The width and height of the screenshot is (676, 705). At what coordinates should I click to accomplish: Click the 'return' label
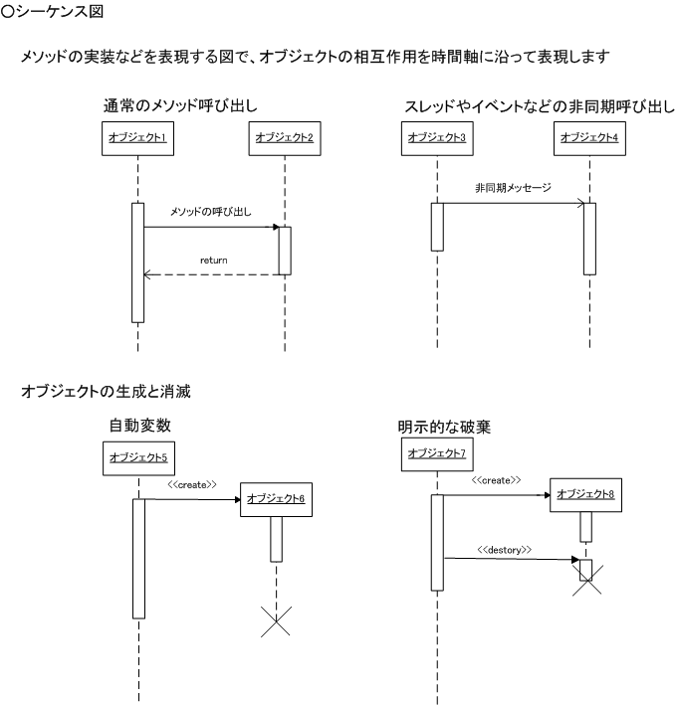pyautogui.click(x=214, y=261)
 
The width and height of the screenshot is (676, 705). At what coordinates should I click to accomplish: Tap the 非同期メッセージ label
pyautogui.click(x=513, y=188)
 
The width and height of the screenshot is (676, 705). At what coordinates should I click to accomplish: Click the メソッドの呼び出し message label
pyautogui.click(x=211, y=212)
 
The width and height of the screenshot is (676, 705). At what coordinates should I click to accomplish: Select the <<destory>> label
pyautogui.click(x=505, y=550)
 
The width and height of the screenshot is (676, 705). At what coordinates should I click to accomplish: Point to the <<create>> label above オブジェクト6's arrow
pyautogui.click(x=192, y=484)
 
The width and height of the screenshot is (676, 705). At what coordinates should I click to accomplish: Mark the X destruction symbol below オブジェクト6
pyautogui.click(x=276, y=621)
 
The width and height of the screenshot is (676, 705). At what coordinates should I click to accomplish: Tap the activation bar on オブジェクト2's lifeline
pyautogui.click(x=285, y=251)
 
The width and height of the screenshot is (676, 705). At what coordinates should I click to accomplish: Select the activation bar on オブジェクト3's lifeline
pyautogui.click(x=437, y=227)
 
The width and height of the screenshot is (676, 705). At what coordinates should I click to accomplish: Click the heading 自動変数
pyautogui.click(x=140, y=426)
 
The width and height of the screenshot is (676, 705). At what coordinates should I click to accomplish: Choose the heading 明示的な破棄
pyautogui.click(x=444, y=427)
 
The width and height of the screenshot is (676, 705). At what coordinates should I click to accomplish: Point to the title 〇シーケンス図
pyautogui.click(x=52, y=11)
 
